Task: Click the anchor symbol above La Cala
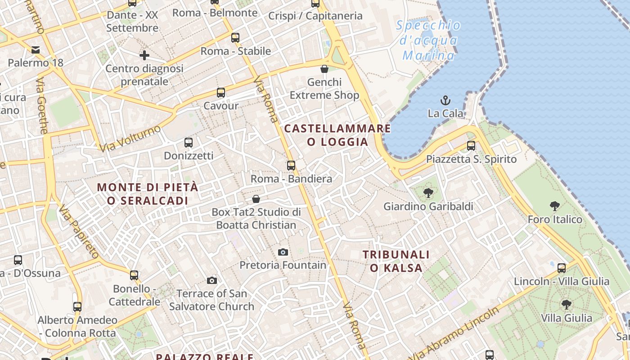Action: coord(445,100)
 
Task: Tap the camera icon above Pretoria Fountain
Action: coord(283,252)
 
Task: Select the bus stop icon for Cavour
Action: coord(220,93)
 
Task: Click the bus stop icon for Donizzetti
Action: coord(189,143)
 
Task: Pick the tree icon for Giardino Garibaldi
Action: coord(428,193)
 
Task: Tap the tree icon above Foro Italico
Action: coord(554,206)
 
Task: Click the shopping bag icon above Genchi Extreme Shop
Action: coord(324,69)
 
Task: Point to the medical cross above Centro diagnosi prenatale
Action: coord(144,55)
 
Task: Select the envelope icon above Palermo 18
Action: coord(35,50)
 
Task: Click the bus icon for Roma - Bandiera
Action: coord(291,165)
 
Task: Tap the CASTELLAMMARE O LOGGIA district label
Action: coord(337,135)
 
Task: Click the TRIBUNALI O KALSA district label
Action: coord(396,261)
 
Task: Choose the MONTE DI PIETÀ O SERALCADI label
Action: coord(148,194)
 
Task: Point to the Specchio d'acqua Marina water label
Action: coord(428,40)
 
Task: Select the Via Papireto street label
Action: coord(78,232)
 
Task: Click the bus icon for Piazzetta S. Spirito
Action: coord(471,146)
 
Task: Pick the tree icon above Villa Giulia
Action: coord(566,305)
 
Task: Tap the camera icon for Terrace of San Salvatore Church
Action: coord(211,280)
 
